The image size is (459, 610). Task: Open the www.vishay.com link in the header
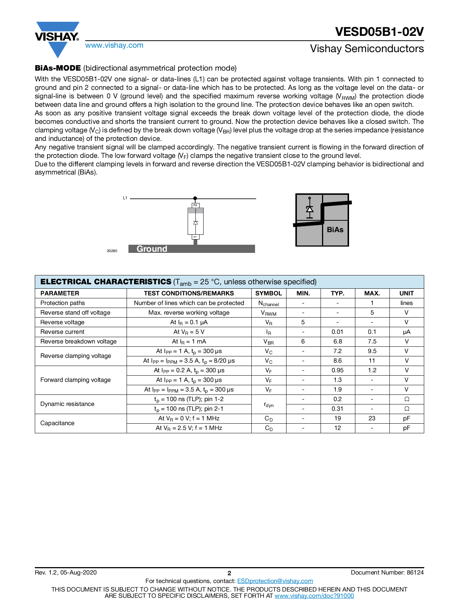pos(114,45)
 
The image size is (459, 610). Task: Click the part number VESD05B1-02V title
pos(379,32)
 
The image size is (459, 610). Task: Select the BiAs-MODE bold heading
pos(58,68)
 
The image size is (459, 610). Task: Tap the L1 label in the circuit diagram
pos(125,198)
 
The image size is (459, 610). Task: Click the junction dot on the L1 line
pos(195,199)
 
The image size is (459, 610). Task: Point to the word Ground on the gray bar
pos(152,249)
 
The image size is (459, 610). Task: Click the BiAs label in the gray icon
pos(335,230)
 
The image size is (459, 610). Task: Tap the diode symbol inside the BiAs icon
pos(309,209)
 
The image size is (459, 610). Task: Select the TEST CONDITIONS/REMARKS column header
pos(189,293)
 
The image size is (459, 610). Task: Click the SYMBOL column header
pos(268,293)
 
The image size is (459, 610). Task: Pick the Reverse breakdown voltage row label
pos(78,341)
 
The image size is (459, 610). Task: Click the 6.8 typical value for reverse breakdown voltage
pos(337,341)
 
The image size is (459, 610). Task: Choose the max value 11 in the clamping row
pos(372,360)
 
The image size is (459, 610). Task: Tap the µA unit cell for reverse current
pos(406,332)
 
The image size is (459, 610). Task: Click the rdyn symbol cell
pos(269,404)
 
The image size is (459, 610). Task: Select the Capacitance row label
pos(57,423)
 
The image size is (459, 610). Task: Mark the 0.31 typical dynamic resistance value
pos(337,409)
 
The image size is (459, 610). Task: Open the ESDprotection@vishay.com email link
pos(275,581)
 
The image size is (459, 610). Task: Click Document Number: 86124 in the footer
pos(387,572)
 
